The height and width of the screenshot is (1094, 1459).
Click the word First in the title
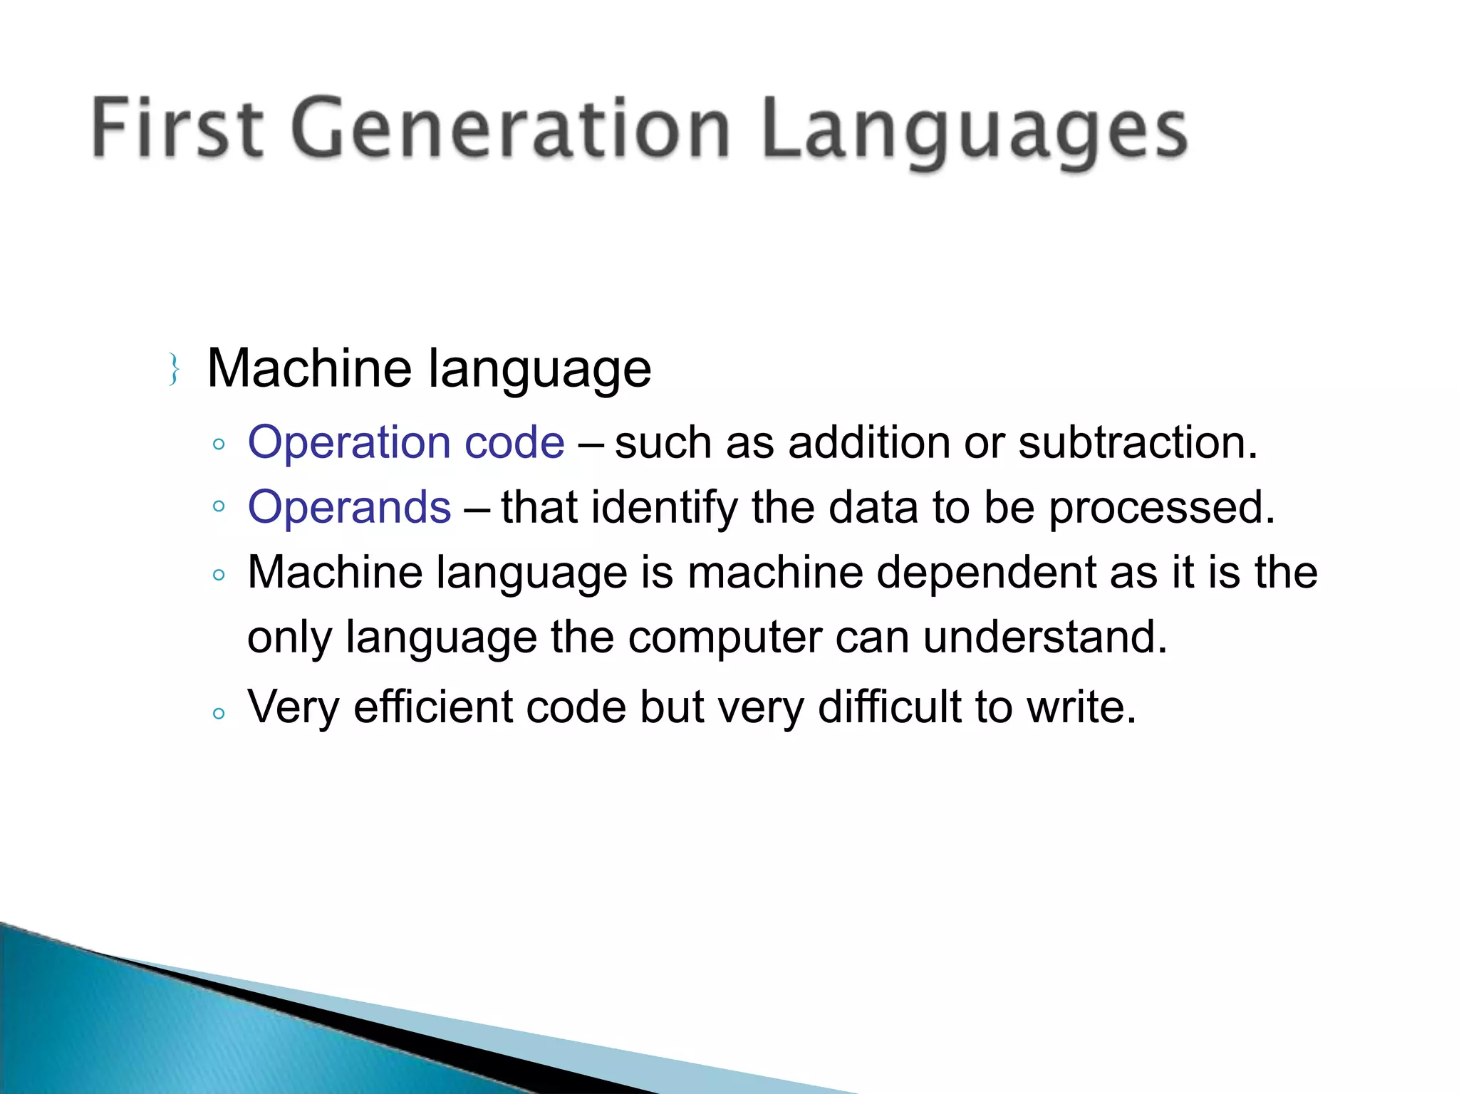(178, 128)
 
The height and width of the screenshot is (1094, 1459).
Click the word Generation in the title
(510, 128)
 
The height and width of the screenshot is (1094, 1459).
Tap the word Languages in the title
(973, 132)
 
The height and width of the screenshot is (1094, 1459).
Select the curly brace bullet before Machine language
(173, 369)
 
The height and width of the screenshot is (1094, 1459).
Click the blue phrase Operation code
(406, 442)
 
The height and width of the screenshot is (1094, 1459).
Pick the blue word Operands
(349, 507)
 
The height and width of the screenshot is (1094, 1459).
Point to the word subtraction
(1137, 442)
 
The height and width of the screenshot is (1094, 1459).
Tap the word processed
(1161, 509)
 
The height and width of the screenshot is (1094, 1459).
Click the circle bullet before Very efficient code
(219, 713)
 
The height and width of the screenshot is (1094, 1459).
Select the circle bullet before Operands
(219, 506)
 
